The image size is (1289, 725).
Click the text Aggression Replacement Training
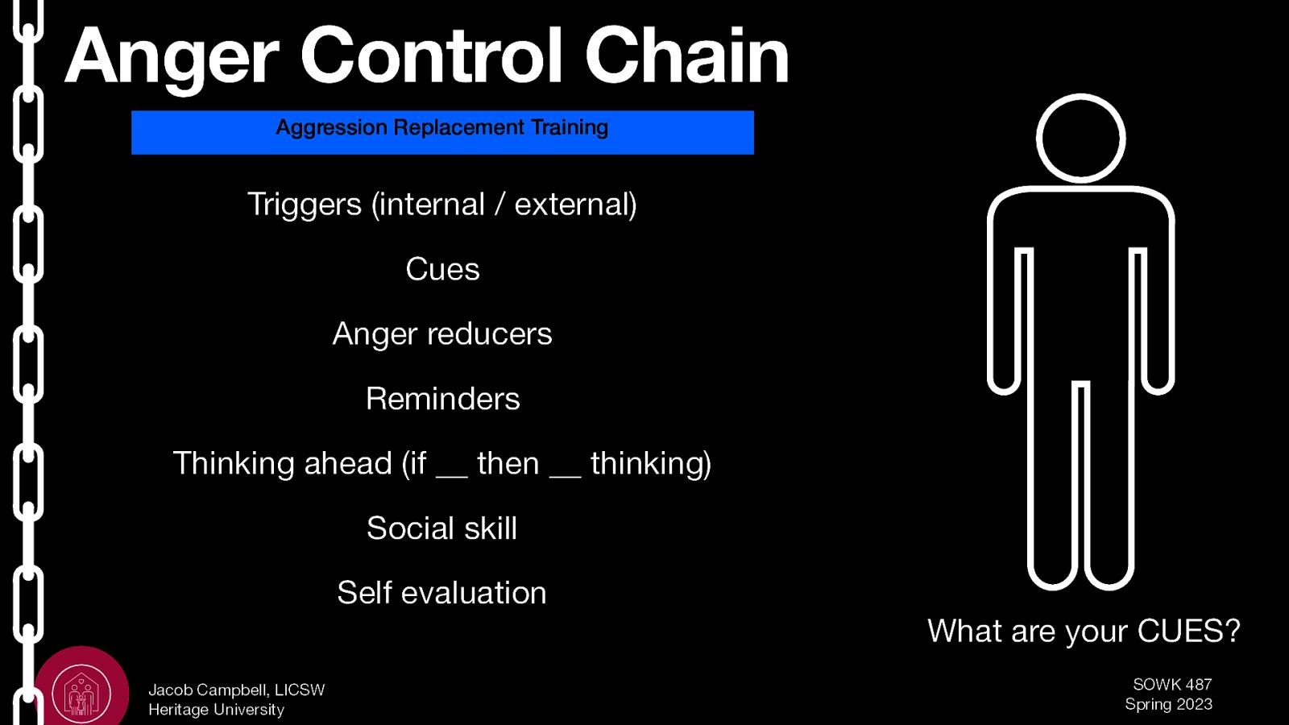click(441, 128)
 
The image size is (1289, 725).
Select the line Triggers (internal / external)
click(441, 205)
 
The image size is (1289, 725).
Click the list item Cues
click(442, 269)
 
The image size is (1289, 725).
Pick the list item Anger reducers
click(442, 334)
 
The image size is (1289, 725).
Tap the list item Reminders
click(442, 399)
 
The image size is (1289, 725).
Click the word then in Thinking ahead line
click(508, 464)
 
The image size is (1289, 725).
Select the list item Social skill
click(441, 528)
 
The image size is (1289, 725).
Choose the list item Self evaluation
click(441, 593)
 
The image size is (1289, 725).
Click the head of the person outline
click(1080, 139)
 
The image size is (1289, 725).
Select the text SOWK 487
click(1172, 685)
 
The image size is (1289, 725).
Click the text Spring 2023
click(1168, 704)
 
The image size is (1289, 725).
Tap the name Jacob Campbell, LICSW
click(236, 690)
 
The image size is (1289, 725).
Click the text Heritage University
click(216, 710)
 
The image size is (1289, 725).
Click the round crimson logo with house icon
click(81, 690)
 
